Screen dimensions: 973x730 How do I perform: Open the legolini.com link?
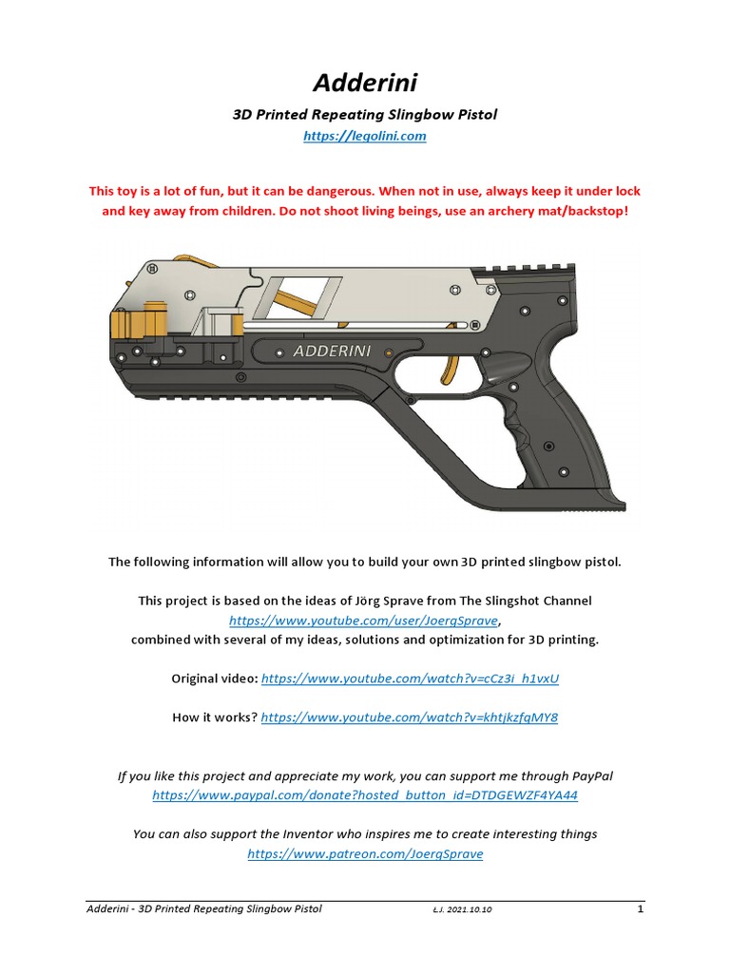click(x=365, y=136)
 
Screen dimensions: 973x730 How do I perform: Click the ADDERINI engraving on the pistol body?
click(x=331, y=351)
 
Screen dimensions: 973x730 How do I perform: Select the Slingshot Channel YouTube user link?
click(x=364, y=620)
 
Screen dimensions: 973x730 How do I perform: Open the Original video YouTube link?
click(x=410, y=678)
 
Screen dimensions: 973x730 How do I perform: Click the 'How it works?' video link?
click(x=410, y=717)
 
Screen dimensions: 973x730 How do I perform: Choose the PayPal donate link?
click(x=365, y=794)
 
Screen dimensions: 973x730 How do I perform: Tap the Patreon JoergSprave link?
click(x=365, y=853)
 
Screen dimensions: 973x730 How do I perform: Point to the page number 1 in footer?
click(x=641, y=909)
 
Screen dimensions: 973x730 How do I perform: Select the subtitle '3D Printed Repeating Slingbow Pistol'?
click(x=365, y=114)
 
